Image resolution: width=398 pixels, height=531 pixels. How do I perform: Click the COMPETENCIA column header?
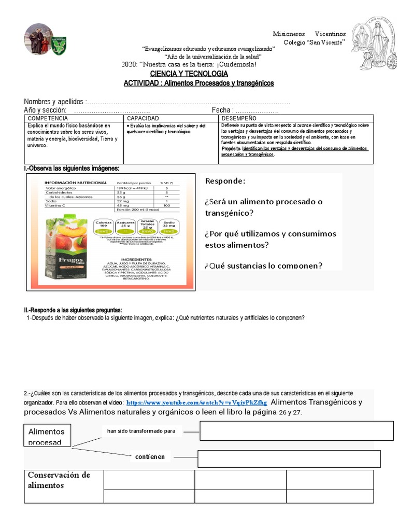(x=48, y=119)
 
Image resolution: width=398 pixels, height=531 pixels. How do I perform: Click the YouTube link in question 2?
(x=196, y=402)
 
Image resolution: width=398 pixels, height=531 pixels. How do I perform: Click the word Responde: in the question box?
(x=225, y=181)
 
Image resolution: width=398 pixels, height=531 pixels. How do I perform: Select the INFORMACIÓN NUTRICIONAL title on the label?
(x=76, y=183)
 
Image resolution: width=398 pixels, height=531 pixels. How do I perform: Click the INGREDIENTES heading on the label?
(x=137, y=259)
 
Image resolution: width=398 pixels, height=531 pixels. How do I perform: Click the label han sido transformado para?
(x=141, y=431)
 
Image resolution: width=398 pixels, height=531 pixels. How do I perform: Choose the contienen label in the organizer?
(x=150, y=457)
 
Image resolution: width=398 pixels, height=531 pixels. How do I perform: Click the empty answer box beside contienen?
(x=289, y=459)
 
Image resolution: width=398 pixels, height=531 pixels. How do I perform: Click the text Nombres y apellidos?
(x=54, y=102)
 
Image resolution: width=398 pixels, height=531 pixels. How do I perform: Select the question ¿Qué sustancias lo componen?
(x=263, y=265)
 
